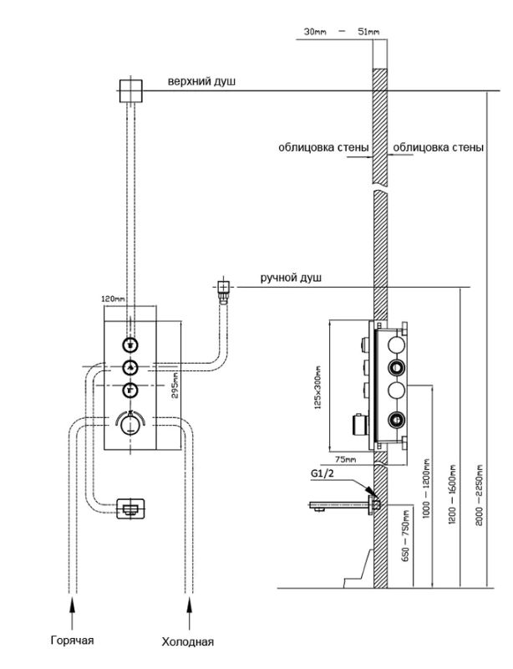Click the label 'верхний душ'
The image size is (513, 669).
pyautogui.click(x=201, y=81)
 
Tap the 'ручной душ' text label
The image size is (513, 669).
pyautogui.click(x=291, y=278)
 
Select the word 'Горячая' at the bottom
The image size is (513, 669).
pyautogui.click(x=72, y=641)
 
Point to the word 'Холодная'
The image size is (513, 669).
pyautogui.click(x=188, y=641)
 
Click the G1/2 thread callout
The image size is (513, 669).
pyautogui.click(x=323, y=473)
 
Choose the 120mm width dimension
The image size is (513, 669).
pyautogui.click(x=113, y=299)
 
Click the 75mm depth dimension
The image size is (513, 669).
pyautogui.click(x=345, y=459)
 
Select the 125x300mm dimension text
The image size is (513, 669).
pyautogui.click(x=318, y=388)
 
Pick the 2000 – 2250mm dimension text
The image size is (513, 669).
pyautogui.click(x=480, y=495)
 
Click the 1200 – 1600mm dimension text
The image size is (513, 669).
pyautogui.click(x=453, y=494)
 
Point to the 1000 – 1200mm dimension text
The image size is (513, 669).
pyautogui.click(x=426, y=488)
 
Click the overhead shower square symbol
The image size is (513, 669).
pyautogui.click(x=130, y=91)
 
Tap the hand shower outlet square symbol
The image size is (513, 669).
pyautogui.click(x=223, y=286)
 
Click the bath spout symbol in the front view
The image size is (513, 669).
pyautogui.click(x=131, y=508)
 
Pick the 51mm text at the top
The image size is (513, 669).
pyautogui.click(x=368, y=32)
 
